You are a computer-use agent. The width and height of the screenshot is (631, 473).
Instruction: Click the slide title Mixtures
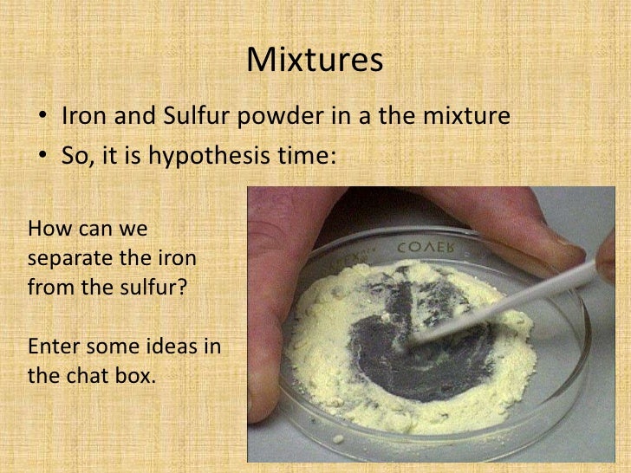315,60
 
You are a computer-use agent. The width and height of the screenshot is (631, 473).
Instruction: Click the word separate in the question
69,259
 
